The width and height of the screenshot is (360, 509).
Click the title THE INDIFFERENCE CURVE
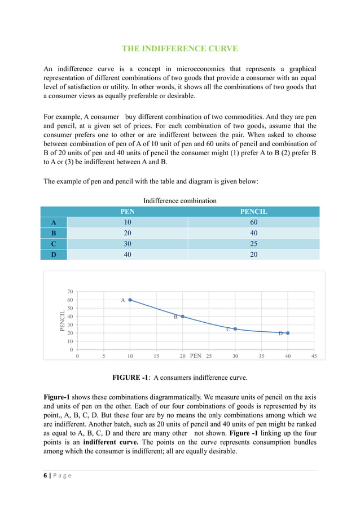pos(179,49)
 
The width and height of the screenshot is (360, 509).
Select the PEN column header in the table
pos(128,212)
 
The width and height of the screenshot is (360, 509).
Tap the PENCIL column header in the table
pos(253,212)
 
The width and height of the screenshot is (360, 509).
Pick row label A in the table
pos(54,222)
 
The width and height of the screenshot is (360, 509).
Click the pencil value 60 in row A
pos(253,222)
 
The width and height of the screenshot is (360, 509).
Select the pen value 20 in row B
pos(128,233)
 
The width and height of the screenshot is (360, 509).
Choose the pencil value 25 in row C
pos(253,244)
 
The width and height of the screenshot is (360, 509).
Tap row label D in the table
pos(54,254)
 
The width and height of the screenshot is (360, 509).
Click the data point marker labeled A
pos(130,300)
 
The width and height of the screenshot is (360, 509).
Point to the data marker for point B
pos(182,317)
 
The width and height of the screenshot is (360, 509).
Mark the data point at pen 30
pos(235,329)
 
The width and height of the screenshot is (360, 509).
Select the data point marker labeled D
pos(288,333)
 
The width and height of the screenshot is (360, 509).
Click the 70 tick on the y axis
pos(69,292)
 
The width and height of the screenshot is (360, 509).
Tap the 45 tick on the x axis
pos(314,357)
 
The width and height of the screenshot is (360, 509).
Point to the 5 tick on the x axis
pos(104,357)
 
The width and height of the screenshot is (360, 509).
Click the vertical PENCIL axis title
pos(62,321)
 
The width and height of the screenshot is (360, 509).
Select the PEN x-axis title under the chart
pos(196,356)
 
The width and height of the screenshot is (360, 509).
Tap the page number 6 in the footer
pos(46,476)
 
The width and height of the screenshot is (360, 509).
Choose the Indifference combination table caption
pos(179,200)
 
